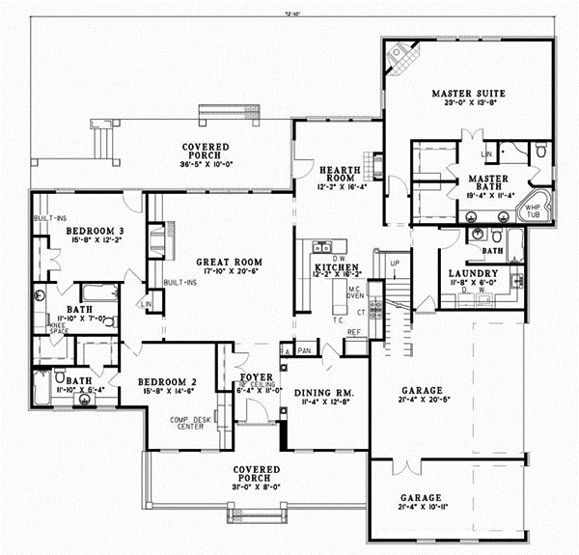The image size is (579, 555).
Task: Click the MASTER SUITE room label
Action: [x=475, y=93]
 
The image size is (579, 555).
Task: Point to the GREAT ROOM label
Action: [x=225, y=261]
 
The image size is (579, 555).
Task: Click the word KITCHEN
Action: [x=337, y=265]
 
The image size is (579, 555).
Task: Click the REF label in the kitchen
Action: [x=353, y=333]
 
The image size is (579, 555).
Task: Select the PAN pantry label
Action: [x=303, y=350]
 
